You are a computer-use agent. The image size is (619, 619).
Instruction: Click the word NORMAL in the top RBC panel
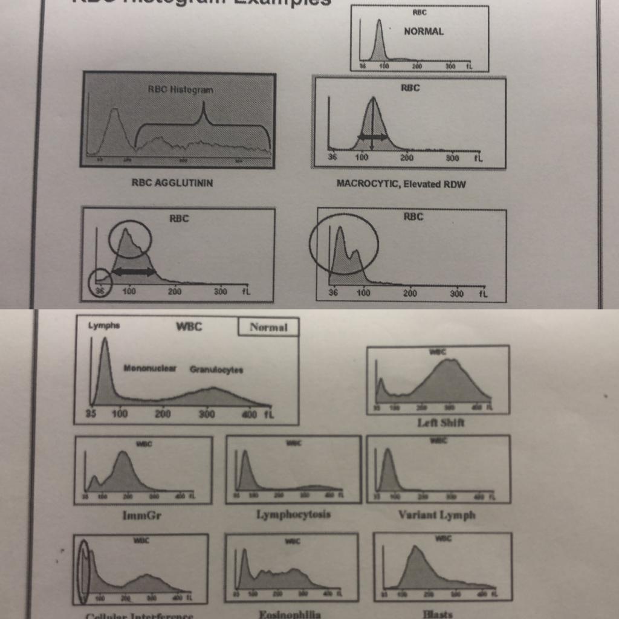[424, 31]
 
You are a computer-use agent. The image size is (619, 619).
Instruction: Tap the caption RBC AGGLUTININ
[172, 183]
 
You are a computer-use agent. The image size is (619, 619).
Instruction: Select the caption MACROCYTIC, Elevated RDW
[401, 184]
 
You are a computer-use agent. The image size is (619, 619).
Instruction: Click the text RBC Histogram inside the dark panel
[180, 89]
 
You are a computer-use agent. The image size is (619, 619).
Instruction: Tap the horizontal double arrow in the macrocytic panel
[372, 137]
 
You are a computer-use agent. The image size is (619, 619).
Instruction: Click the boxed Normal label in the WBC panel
[268, 328]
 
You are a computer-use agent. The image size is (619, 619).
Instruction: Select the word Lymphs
[104, 325]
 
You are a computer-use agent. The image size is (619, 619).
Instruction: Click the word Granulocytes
[216, 370]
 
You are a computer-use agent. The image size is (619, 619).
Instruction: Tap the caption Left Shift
[441, 423]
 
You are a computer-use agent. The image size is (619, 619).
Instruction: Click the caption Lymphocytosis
[294, 514]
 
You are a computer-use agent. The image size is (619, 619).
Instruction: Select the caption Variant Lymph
[437, 515]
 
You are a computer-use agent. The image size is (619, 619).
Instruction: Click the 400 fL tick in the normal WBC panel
[249, 415]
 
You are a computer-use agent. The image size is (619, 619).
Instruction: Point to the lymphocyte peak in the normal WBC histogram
[105, 340]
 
